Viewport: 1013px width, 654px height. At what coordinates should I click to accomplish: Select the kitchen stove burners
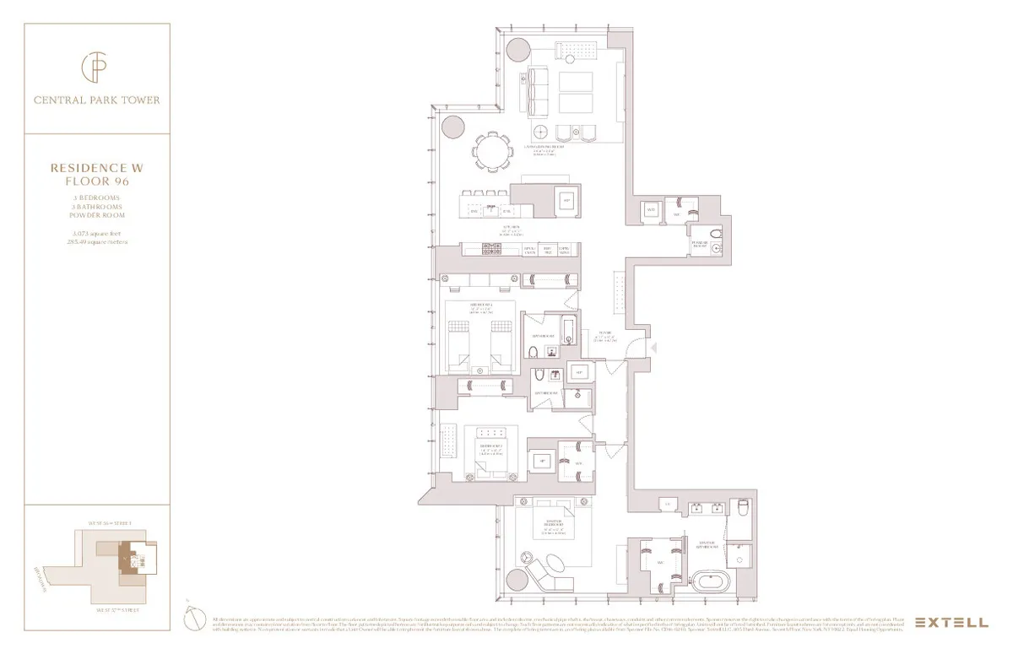coord(489,249)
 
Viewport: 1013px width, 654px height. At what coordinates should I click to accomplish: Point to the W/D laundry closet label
coord(651,209)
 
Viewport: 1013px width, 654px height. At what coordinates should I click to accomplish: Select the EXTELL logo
coord(951,623)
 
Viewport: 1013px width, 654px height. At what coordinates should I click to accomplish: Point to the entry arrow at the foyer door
coord(653,348)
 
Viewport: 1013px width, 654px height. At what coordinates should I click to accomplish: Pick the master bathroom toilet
coord(743,509)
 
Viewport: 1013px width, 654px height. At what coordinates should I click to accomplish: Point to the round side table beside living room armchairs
coord(542,131)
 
